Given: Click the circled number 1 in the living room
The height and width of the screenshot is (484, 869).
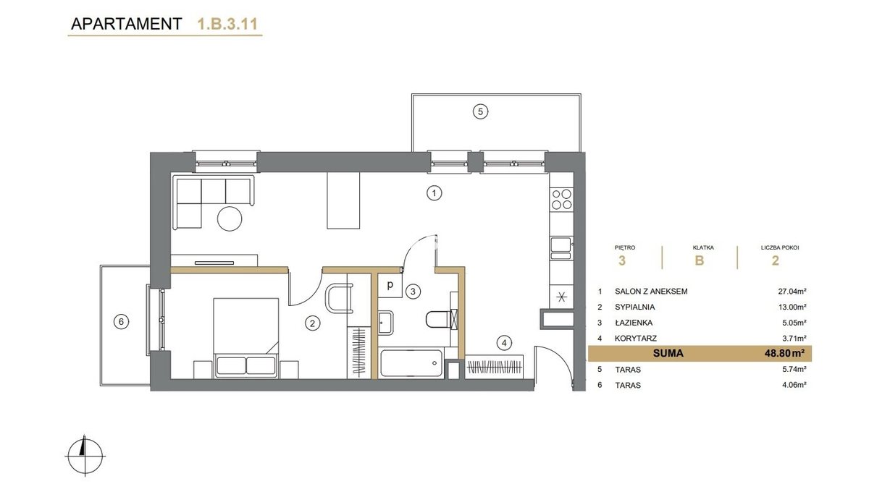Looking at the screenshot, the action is click(434, 193).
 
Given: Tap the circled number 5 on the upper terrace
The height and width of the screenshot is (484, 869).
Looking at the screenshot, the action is click(480, 112).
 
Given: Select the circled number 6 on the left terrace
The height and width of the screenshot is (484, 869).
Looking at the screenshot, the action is click(121, 322).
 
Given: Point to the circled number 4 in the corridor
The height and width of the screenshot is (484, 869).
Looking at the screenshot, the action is click(504, 343).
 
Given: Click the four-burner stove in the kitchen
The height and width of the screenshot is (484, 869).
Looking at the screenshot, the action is click(561, 199).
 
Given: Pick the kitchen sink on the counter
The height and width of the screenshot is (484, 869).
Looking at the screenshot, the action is click(561, 248).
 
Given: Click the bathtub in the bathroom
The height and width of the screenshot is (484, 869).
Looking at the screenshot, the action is click(411, 363).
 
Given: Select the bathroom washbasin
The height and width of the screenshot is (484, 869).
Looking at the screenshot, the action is click(386, 323).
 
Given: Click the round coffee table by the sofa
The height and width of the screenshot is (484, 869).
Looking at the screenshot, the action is click(230, 219).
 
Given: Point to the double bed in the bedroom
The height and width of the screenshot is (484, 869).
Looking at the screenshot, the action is click(245, 338).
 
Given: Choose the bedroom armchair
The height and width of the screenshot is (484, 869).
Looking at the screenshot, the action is click(339, 298).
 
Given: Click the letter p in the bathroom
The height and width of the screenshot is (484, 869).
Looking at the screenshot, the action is click(390, 285).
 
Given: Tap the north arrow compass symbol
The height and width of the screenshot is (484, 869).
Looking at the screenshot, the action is click(85, 455).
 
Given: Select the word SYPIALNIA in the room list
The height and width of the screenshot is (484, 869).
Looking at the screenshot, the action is click(634, 307).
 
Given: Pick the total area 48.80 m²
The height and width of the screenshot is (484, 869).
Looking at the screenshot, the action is click(781, 353).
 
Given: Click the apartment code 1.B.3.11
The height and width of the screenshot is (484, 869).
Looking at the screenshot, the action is click(227, 24).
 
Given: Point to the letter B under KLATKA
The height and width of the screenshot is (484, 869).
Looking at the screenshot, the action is click(700, 260).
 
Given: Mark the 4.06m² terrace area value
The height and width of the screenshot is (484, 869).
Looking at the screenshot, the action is click(794, 385).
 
